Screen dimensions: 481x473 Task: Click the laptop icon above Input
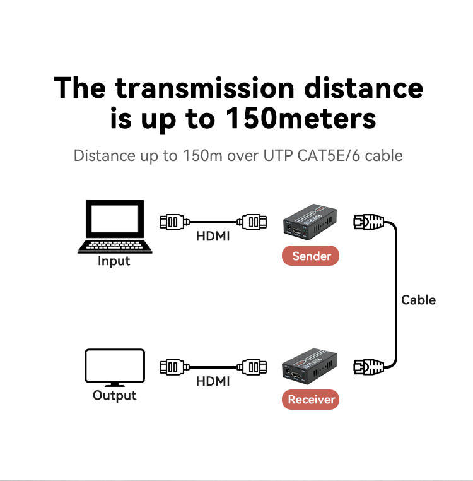pos(115,226)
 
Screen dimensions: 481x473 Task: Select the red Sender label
pos(312,256)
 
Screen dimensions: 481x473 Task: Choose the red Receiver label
pos(312,399)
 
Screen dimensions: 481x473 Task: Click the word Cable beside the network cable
pos(418,300)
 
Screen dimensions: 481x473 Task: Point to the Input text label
pos(114,261)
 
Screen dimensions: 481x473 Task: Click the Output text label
pos(114,396)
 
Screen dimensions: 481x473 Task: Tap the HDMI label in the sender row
pos(213,237)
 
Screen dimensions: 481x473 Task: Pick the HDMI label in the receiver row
pos(213,381)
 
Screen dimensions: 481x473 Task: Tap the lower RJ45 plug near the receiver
pos(368,365)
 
